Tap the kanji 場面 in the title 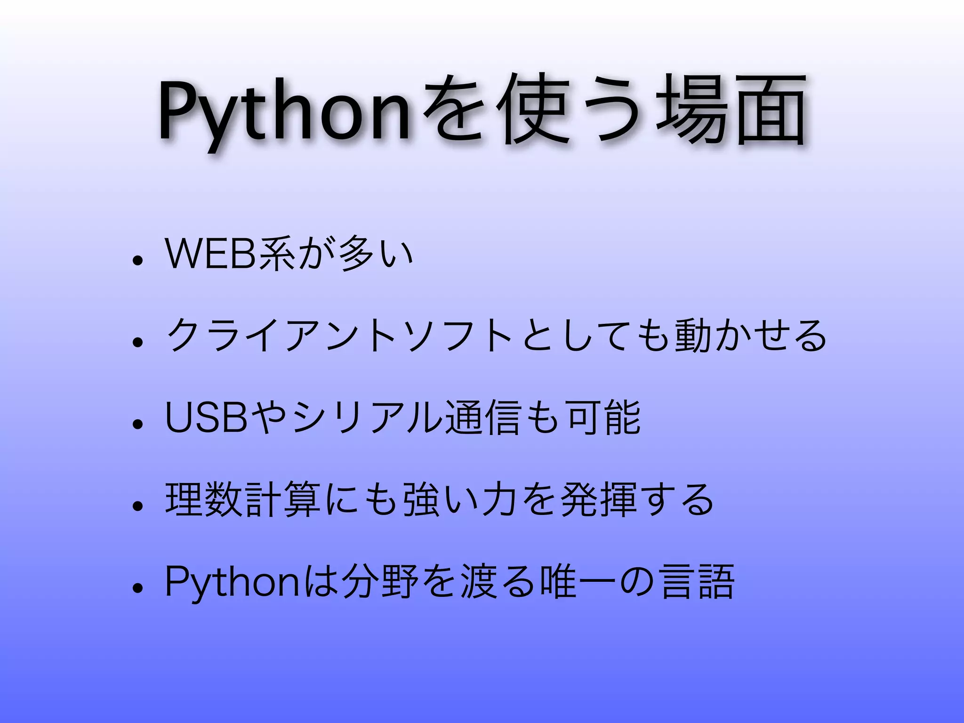click(731, 111)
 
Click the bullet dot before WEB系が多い click(137, 260)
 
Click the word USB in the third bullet click(207, 417)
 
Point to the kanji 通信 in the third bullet click(485, 417)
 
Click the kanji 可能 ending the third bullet click(604, 417)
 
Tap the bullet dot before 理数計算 click(137, 506)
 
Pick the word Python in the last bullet click(231, 583)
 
